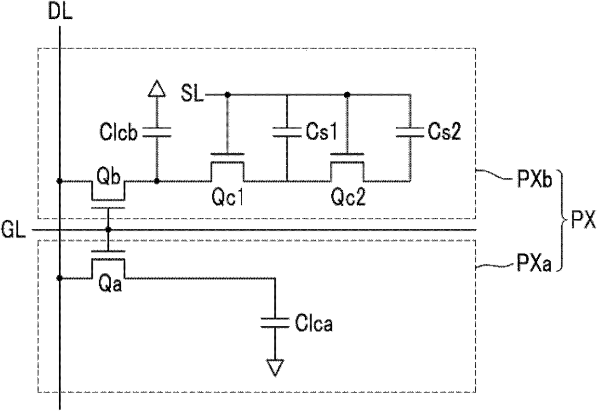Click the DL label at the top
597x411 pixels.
pyautogui.click(x=61, y=12)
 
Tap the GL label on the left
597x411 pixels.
pyautogui.click(x=13, y=230)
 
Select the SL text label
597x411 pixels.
pyautogui.click(x=193, y=93)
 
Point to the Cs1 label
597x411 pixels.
pyautogui.click(x=322, y=133)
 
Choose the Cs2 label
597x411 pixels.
pyautogui.click(x=444, y=133)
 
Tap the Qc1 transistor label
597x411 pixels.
pyautogui.click(x=228, y=198)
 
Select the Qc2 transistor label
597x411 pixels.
pyautogui.click(x=348, y=198)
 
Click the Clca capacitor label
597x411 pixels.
pyautogui.click(x=314, y=324)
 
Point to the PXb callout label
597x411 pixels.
pyautogui.click(x=534, y=180)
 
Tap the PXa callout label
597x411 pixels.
pyautogui.click(x=534, y=263)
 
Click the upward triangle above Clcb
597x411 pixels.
pyautogui.click(x=157, y=89)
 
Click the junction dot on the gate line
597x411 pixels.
pyautogui.click(x=108, y=229)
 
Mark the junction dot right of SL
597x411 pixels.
pyautogui.click(x=227, y=94)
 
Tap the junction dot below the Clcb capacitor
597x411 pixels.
pyautogui.click(x=157, y=181)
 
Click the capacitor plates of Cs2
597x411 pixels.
pyautogui.click(x=410, y=133)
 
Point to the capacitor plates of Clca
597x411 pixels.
pyautogui.click(x=275, y=323)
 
